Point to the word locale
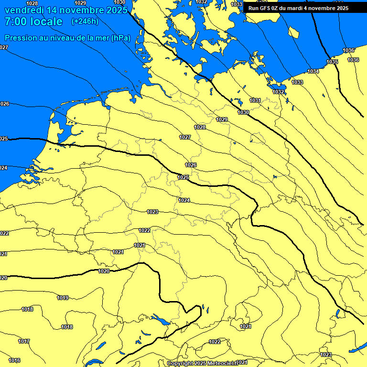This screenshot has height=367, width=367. click(46, 22)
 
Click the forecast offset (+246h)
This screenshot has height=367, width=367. click(85, 22)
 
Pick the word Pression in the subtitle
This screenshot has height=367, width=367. click(20, 38)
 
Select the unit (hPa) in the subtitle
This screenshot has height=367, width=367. click(120, 38)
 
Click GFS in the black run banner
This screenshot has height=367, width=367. click(266, 8)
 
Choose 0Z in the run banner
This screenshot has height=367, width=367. click(278, 8)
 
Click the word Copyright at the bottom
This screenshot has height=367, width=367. click(182, 364)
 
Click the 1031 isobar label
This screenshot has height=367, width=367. click(255, 101)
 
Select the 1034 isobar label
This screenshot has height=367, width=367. click(313, 71)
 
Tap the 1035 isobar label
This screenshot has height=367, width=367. click(332, 62)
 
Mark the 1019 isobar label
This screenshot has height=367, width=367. click(63, 298)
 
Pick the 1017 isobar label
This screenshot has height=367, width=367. click(24, 341)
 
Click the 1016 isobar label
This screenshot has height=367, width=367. click(14, 360)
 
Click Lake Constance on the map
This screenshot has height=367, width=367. click(159, 319)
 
